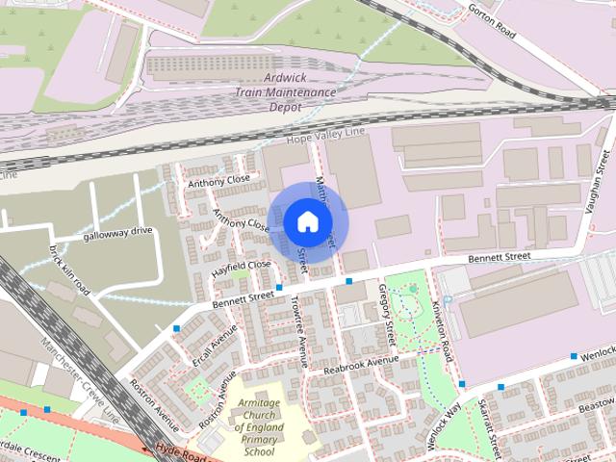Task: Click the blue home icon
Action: pyautogui.click(x=307, y=221)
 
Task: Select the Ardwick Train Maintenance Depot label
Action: pyautogui.click(x=286, y=92)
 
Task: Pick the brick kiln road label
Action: pyautogui.click(x=70, y=270)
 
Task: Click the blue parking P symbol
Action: pyautogui.click(x=447, y=300)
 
